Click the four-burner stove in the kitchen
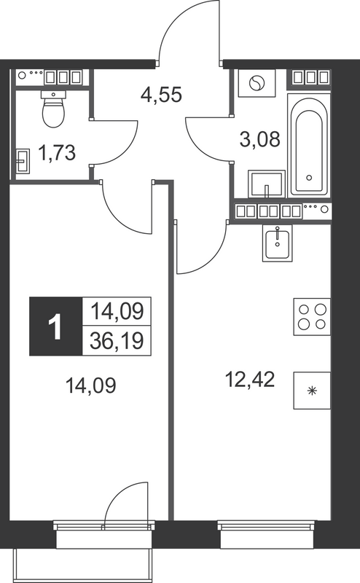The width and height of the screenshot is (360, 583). click(x=312, y=317)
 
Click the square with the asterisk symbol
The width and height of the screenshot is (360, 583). click(x=312, y=391)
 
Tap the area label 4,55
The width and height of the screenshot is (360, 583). click(x=160, y=94)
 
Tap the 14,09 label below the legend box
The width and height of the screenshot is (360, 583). click(x=91, y=383)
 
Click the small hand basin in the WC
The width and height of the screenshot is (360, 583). click(x=23, y=158)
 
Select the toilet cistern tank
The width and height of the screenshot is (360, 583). click(x=52, y=94)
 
